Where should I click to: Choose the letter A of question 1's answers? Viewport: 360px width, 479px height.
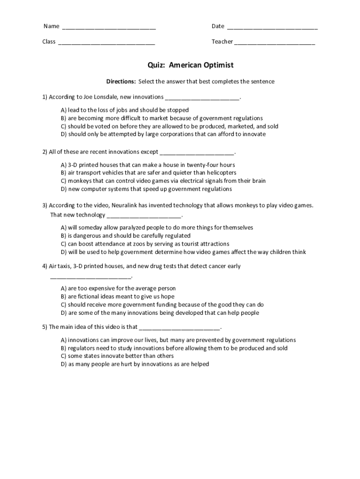point(63,110)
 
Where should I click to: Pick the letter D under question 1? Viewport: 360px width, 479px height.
point(63,134)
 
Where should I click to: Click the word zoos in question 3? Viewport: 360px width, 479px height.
point(125,244)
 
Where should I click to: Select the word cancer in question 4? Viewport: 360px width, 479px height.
point(217,266)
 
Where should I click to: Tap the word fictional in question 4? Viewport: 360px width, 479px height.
point(90,297)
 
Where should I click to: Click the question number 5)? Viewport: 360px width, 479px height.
point(45,327)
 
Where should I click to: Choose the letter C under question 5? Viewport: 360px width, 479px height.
point(63,356)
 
